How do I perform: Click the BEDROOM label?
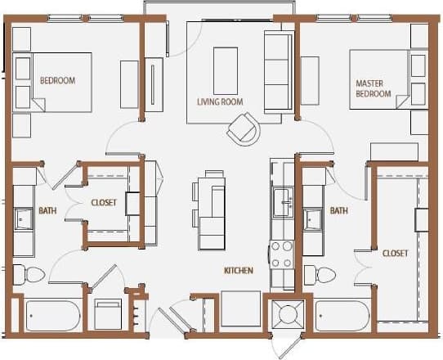click(x=57, y=80)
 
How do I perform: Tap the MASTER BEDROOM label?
click(x=374, y=88)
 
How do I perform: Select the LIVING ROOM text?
click(x=220, y=102)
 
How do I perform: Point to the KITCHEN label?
click(x=238, y=271)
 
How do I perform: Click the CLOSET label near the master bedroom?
click(x=395, y=254)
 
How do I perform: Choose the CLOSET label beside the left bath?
click(x=104, y=202)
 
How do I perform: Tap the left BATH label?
click(x=47, y=211)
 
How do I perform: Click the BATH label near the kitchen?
click(x=338, y=211)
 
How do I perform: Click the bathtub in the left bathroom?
click(x=52, y=315)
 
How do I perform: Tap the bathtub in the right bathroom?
click(x=342, y=315)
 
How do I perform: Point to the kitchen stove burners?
click(x=282, y=254)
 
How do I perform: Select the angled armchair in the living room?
click(x=244, y=129)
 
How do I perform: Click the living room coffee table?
click(x=226, y=71)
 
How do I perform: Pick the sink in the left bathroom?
click(x=24, y=218)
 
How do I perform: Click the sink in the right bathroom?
click(x=313, y=218)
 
